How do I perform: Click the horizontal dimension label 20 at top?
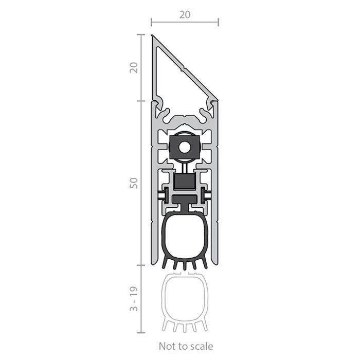click(x=185, y=15)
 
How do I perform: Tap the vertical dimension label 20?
click(x=134, y=68)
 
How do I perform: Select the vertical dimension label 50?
click(x=134, y=183)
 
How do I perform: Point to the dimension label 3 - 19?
click(x=134, y=298)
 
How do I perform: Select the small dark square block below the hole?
click(x=185, y=182)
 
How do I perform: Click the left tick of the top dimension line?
click(x=151, y=22)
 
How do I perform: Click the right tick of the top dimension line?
click(x=219, y=22)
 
